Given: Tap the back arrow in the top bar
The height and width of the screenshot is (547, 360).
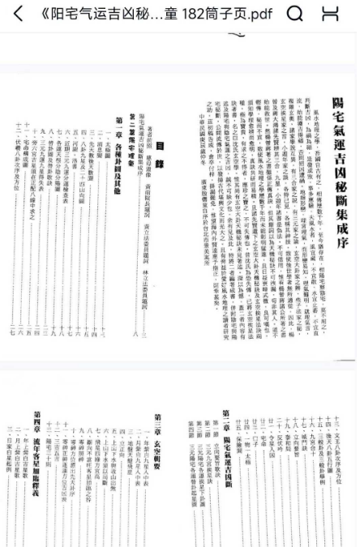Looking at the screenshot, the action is click(x=18, y=14).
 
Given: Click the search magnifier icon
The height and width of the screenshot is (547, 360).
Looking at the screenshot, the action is click(x=295, y=14).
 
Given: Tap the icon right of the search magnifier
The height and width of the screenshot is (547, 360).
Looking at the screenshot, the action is click(x=329, y=14).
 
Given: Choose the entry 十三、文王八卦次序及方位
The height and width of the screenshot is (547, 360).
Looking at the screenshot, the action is click(x=341, y=446).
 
